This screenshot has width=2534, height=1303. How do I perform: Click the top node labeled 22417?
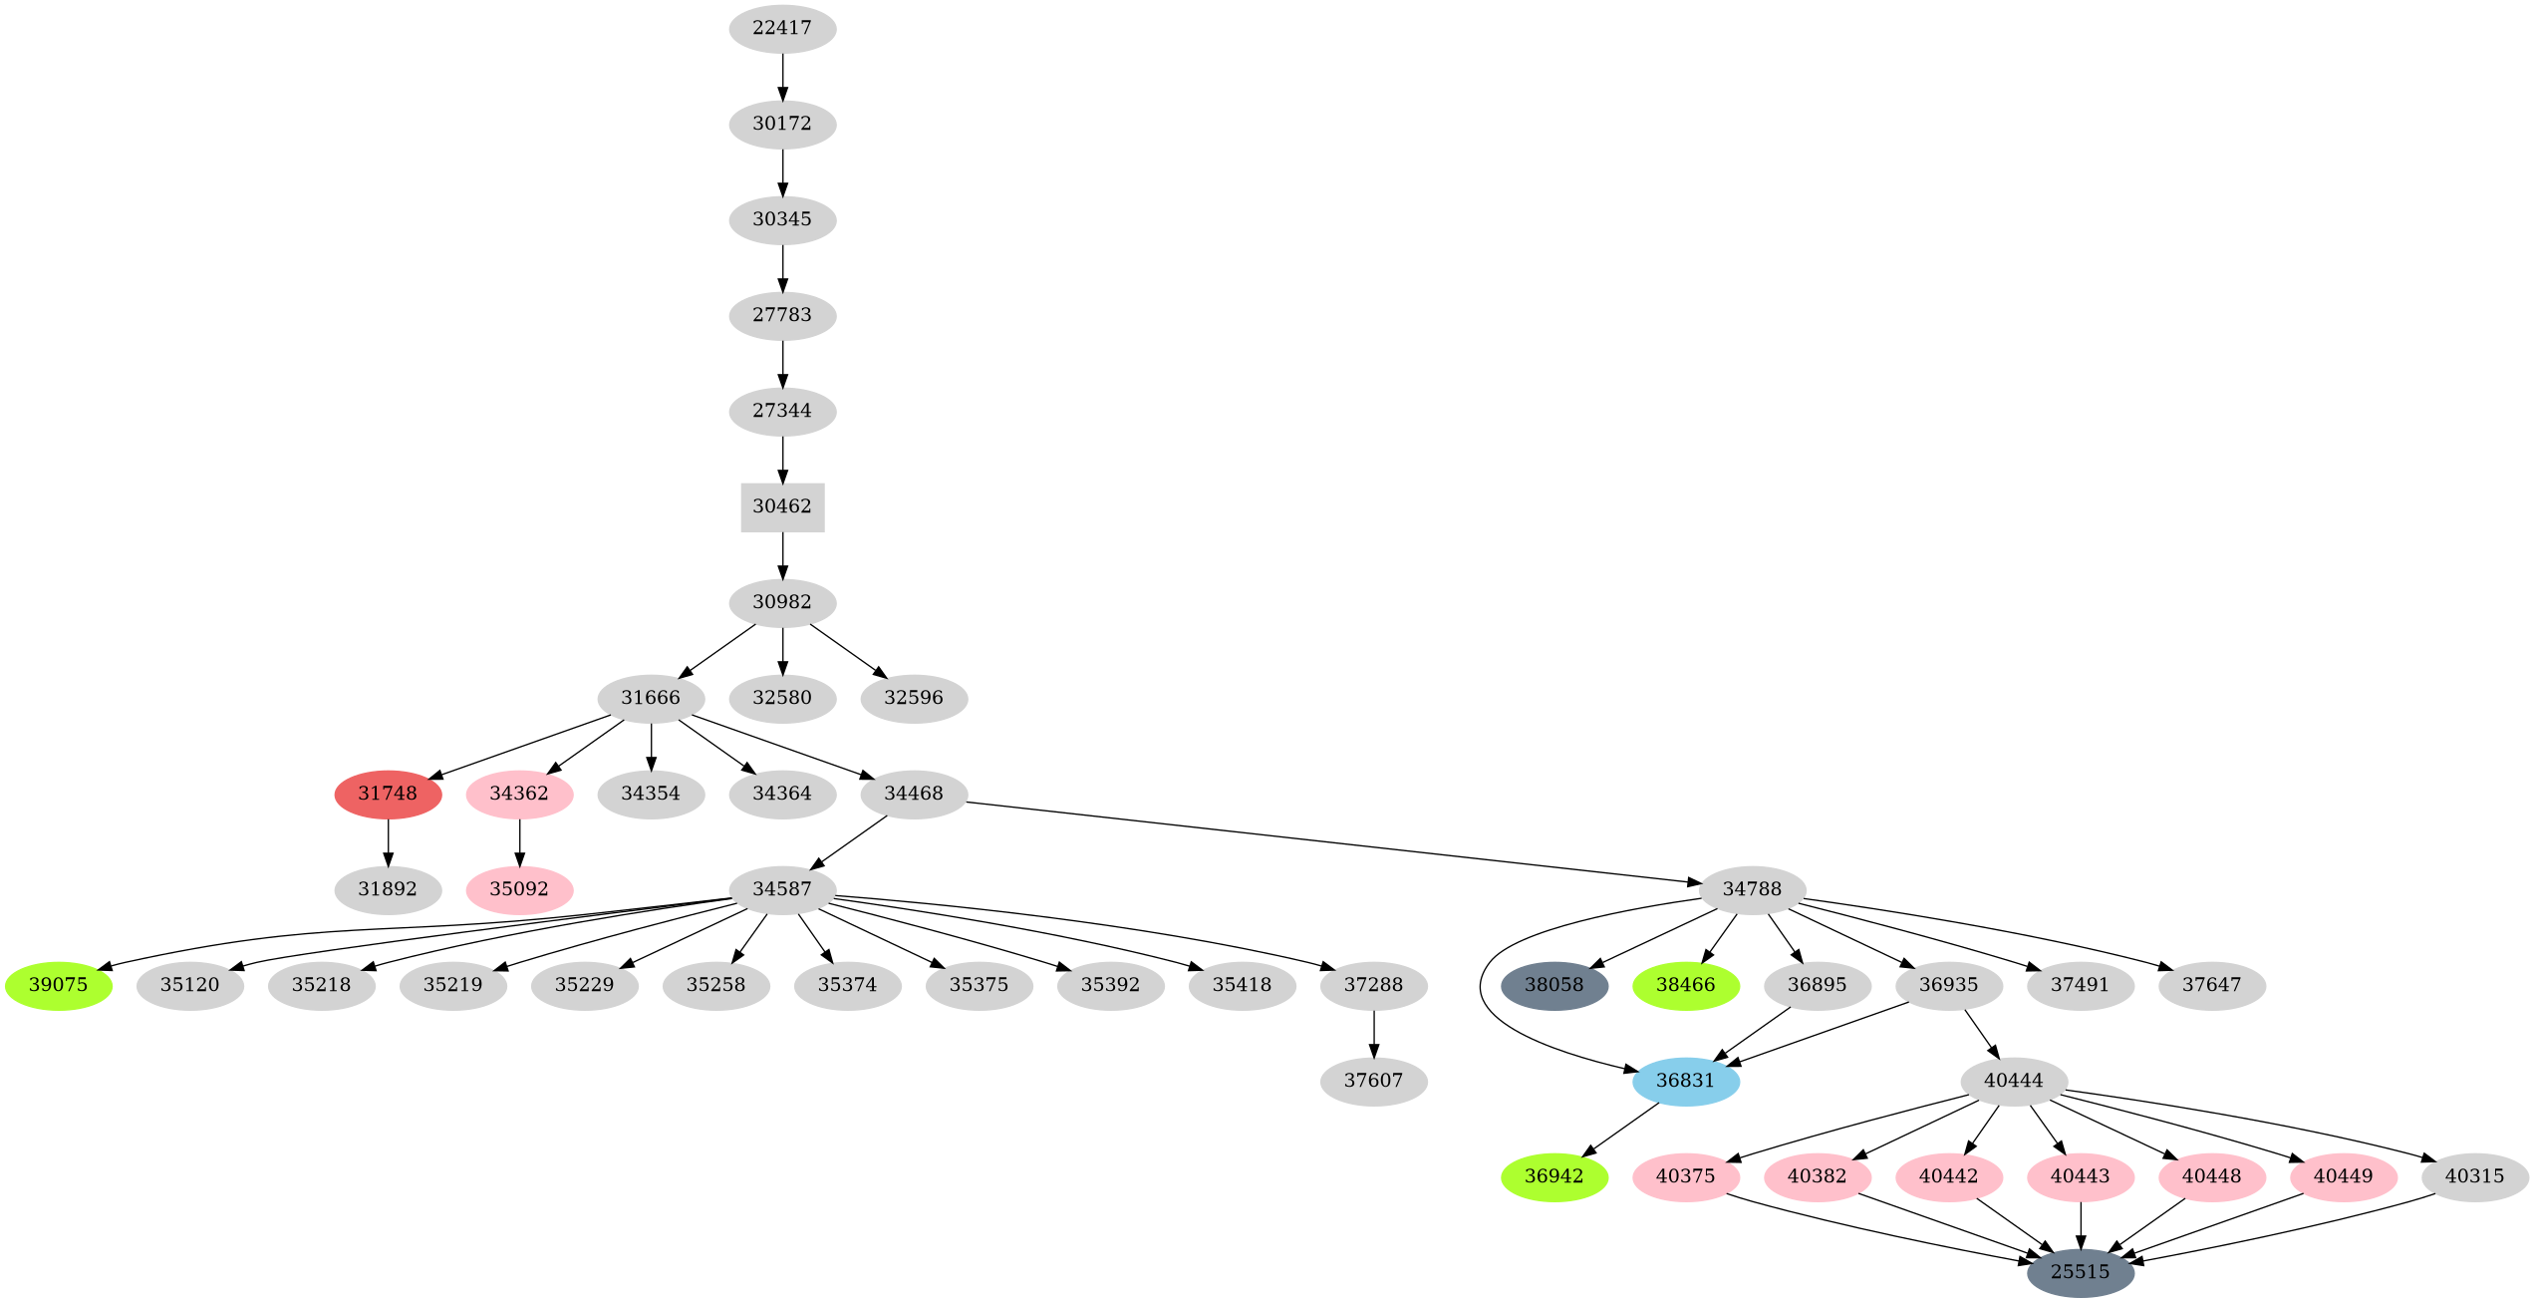tap(782, 28)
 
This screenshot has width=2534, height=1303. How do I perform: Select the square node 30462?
tap(782, 506)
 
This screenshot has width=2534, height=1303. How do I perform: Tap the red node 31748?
tap(388, 794)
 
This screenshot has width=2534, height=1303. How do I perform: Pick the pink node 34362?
tap(519, 794)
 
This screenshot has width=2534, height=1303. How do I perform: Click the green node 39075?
tap(59, 985)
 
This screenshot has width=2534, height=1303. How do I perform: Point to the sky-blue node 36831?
tap(1685, 1081)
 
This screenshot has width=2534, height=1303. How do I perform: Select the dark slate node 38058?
tap(1553, 985)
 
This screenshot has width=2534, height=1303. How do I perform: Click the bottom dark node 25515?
tap(2080, 1272)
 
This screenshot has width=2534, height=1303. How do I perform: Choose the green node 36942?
tap(1553, 1176)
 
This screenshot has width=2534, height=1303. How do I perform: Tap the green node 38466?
tap(1685, 985)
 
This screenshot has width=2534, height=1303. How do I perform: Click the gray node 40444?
tap(2013, 1081)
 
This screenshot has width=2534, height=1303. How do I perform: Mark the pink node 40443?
tap(2080, 1176)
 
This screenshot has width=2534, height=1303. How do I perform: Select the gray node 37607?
tap(1373, 1081)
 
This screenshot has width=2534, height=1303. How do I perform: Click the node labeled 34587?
tap(782, 889)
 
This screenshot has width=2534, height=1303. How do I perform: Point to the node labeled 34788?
tap(1752, 889)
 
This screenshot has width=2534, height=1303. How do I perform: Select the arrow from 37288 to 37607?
tap(1373, 1033)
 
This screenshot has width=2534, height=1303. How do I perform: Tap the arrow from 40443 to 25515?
tap(2080, 1224)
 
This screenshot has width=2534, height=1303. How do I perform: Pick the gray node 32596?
tap(914, 698)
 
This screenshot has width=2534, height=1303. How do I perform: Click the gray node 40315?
tap(2474, 1176)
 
